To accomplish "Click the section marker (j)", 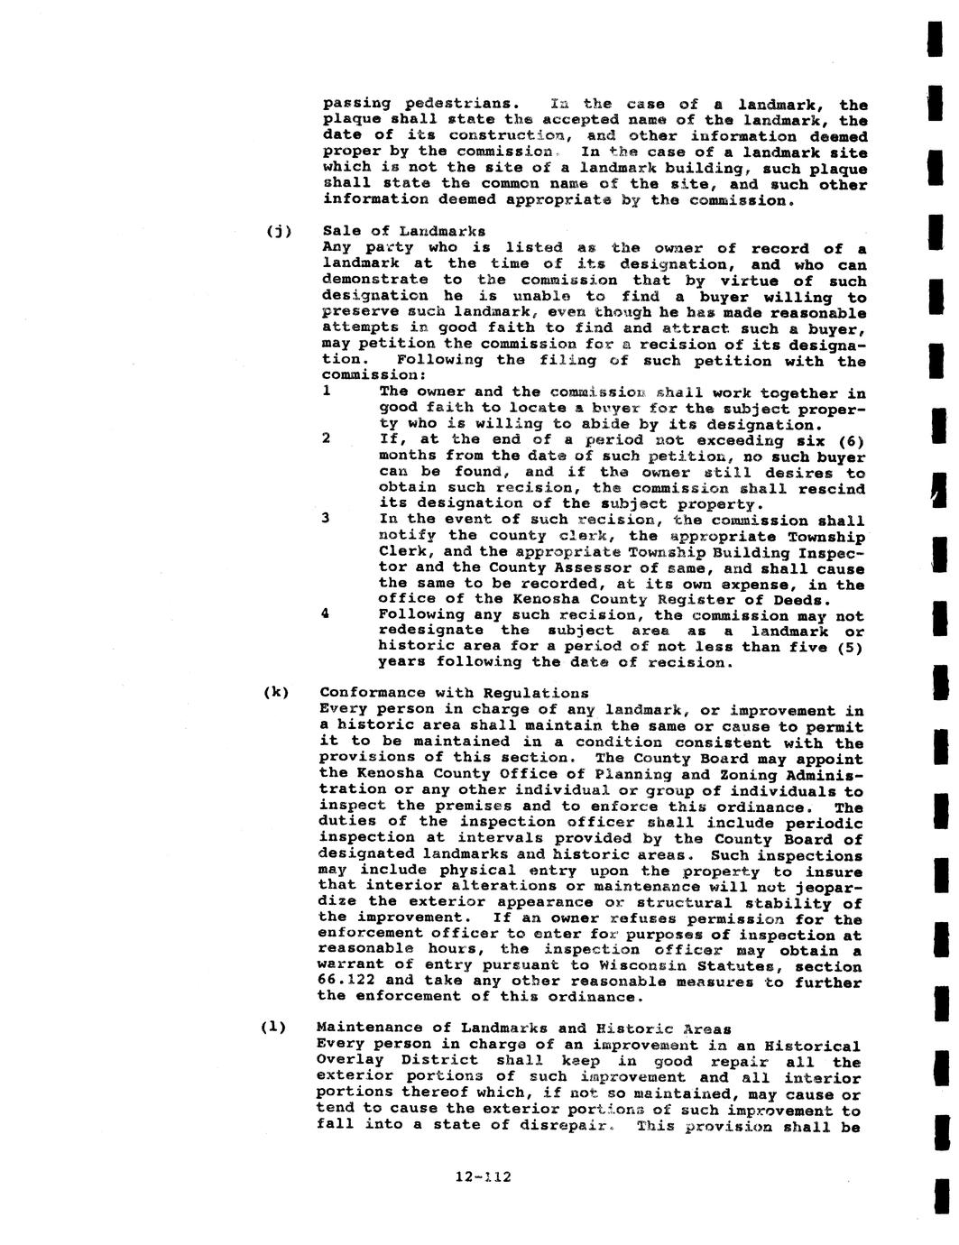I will point(278,231).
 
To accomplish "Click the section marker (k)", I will point(276,692).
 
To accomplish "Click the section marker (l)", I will point(273,1027).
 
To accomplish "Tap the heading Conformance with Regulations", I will point(453,693).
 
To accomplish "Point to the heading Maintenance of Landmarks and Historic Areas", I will point(523,1028).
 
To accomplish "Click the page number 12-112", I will point(484,1176).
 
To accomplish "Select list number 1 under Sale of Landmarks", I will point(326,392).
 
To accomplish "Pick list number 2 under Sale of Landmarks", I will point(326,439).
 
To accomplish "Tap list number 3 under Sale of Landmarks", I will point(325,519).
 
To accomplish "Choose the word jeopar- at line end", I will point(827,888).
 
